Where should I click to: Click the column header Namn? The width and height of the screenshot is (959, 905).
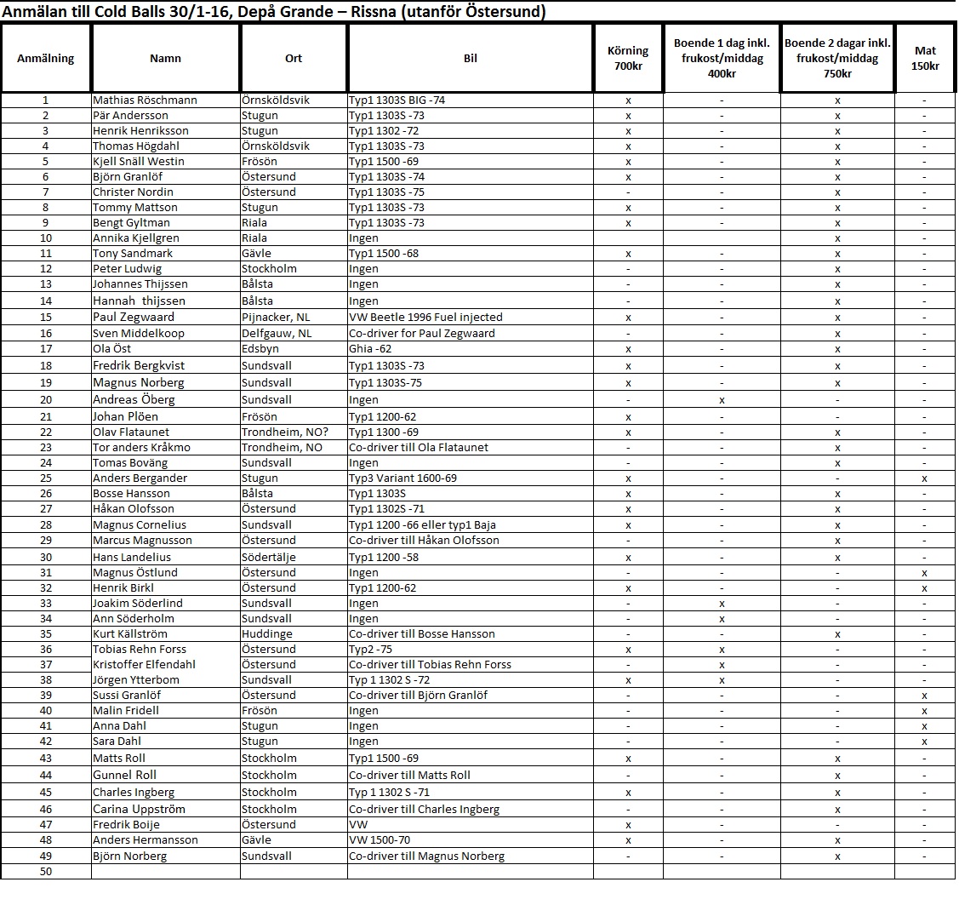click(165, 58)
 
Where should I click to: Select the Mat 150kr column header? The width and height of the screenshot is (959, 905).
click(925, 58)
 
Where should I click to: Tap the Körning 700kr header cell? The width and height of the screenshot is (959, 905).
click(628, 58)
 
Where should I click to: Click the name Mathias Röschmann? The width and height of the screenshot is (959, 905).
click(145, 100)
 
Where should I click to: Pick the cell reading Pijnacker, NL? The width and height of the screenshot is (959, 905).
click(278, 317)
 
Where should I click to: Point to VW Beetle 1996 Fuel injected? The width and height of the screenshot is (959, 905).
click(425, 317)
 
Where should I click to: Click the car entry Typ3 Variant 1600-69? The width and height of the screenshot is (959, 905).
click(402, 478)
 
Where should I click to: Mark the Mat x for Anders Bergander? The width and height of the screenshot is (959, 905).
click(924, 478)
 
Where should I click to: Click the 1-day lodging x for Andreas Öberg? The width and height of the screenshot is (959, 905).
click(722, 399)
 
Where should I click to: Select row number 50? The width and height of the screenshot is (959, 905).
click(46, 871)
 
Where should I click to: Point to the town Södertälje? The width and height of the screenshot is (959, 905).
click(269, 557)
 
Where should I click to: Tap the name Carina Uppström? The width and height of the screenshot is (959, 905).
click(139, 809)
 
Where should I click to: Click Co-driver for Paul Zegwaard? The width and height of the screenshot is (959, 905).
click(422, 333)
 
